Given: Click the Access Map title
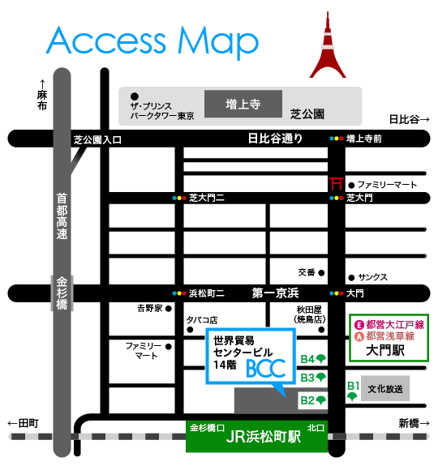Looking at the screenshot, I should coord(152,41).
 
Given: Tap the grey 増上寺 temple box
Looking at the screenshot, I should coord(243,105).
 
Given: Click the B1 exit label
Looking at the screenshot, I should coord(354,387).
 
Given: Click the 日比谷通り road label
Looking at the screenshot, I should coord(275,139).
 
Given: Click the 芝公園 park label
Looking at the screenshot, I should coord(307,114).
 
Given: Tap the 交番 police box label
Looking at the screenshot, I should coord(306,272).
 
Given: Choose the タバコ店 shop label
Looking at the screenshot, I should coord(202,320).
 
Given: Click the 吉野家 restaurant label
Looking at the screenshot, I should coord(149,309).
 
